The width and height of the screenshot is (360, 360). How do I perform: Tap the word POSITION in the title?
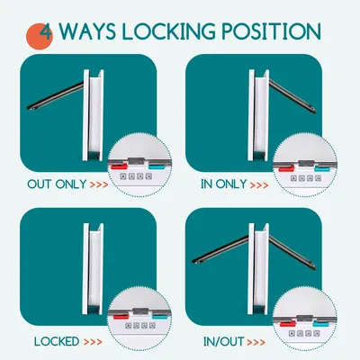pyautogui.click(x=272, y=31)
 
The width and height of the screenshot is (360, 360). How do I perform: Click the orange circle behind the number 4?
pyautogui.click(x=39, y=36)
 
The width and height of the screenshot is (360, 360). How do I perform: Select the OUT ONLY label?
pyautogui.click(x=57, y=184)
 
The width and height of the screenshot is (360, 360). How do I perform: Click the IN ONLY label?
pyautogui.click(x=224, y=184)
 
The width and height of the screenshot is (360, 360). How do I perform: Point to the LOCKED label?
pyautogui.click(x=57, y=341)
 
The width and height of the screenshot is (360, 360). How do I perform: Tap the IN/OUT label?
pyautogui.click(x=223, y=342)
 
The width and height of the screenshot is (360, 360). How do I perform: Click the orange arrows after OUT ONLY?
pyautogui.click(x=99, y=184)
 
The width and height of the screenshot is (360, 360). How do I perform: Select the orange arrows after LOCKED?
pyautogui.click(x=93, y=342)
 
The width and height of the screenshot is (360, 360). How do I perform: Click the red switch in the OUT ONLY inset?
pyautogui.click(x=119, y=166)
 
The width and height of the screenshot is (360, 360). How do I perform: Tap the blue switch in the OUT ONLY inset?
pyautogui.click(x=157, y=166)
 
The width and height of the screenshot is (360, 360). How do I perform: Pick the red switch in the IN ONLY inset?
pyautogui.click(x=286, y=168)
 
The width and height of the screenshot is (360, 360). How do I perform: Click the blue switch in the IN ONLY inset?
pyautogui.click(x=322, y=169)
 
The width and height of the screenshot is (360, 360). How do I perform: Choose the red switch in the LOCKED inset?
pyautogui.click(x=121, y=316)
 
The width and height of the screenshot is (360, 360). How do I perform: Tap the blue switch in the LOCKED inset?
pyautogui.click(x=160, y=316)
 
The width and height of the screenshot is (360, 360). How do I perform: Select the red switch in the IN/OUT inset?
pyautogui.click(x=288, y=323)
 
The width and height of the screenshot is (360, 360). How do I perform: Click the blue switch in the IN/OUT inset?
pyautogui.click(x=320, y=324)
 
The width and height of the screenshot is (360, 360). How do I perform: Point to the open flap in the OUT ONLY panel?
pyautogui.click(x=56, y=96)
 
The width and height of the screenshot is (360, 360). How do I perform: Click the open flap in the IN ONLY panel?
pyautogui.click(x=292, y=96)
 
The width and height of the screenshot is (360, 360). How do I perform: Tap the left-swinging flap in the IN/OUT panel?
pyautogui.click(x=220, y=250)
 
